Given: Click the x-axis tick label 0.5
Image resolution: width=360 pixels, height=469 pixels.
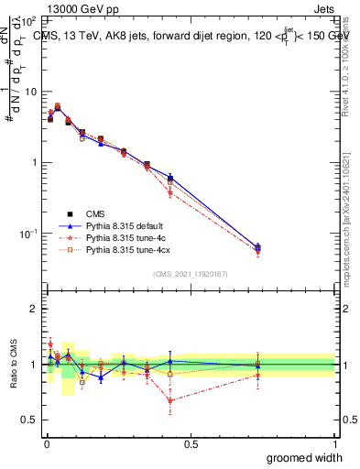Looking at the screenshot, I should click(x=191, y=443).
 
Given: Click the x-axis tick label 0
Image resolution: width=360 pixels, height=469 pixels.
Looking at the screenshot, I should click(x=46, y=443).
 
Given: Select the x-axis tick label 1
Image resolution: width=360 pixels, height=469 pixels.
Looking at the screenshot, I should click(x=335, y=443).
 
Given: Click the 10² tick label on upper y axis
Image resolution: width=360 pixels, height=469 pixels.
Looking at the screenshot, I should click(x=29, y=20).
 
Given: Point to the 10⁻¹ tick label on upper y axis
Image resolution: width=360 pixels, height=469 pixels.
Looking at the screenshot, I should click(x=29, y=234).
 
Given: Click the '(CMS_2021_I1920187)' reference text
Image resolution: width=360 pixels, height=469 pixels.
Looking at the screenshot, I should click(x=191, y=273).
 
